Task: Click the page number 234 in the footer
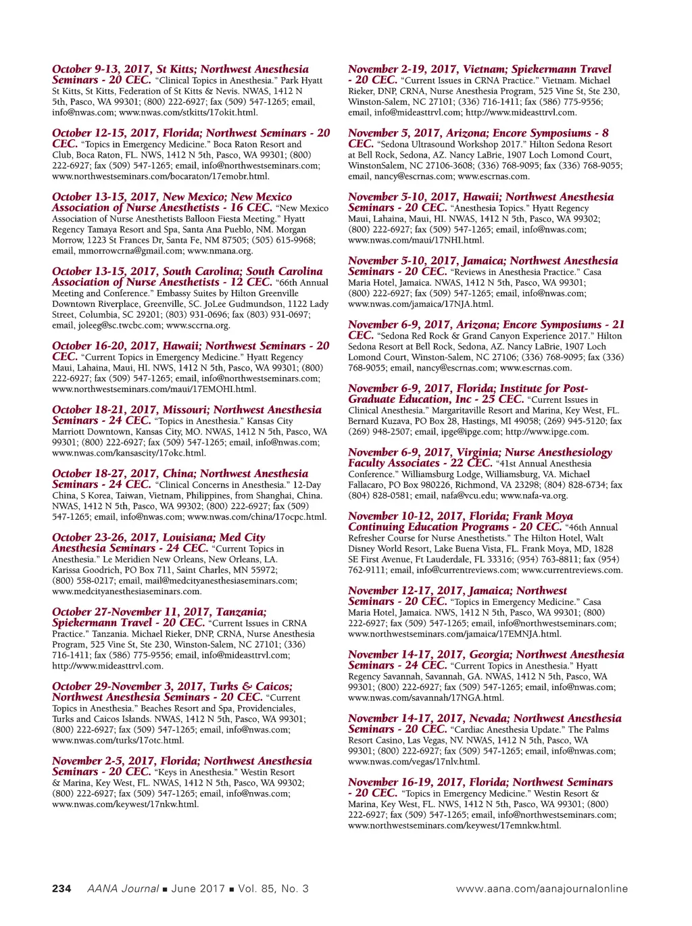(x=61, y=889)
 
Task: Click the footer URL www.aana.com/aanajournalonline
(x=542, y=889)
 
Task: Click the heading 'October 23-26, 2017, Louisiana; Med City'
(x=159, y=537)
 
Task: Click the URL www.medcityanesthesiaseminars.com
(x=126, y=591)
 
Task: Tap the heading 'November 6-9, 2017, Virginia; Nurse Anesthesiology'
(x=480, y=452)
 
